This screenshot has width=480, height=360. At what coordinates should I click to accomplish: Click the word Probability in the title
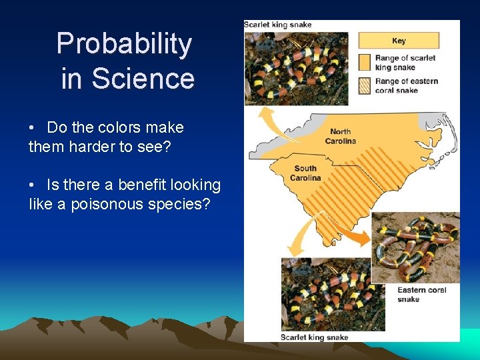[124, 44]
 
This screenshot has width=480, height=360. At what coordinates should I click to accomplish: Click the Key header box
[399, 41]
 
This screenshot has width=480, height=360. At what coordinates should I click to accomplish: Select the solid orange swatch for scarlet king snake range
[364, 62]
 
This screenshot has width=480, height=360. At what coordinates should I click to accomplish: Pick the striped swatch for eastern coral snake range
[364, 85]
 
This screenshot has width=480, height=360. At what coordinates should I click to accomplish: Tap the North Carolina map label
[340, 136]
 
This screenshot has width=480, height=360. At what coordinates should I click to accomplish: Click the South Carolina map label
[306, 173]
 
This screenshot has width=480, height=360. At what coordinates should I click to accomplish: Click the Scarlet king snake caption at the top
[278, 25]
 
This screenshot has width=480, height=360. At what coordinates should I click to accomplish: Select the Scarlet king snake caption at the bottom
[314, 337]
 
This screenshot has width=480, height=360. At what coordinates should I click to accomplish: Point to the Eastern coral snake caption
[421, 295]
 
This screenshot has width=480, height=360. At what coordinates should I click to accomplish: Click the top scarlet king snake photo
[296, 68]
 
